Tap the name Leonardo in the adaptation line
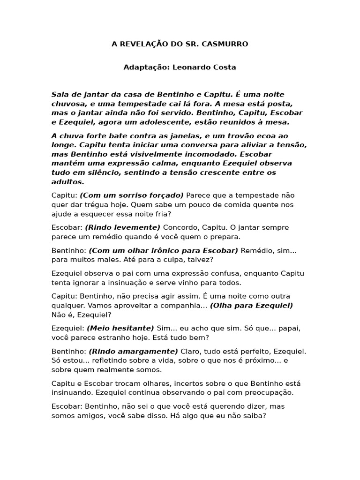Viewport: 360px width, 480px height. pos(191,67)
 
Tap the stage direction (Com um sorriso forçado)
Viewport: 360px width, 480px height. pos(132,195)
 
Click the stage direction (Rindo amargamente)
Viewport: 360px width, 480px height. pos(133,351)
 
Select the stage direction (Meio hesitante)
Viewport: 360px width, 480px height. pos(120,328)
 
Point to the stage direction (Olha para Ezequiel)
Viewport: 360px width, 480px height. pos(251,305)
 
